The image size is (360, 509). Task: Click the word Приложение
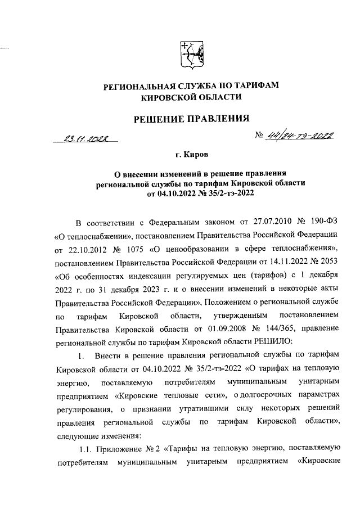tap(123, 448)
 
